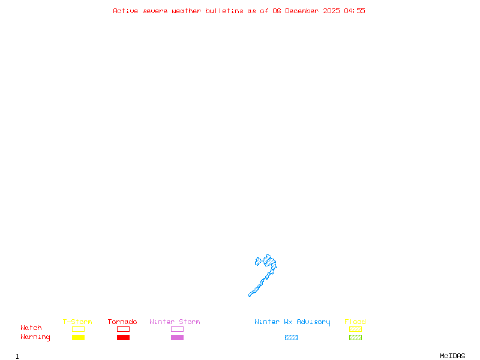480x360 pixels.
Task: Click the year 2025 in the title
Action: [332, 11]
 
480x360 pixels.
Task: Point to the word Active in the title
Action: [126, 11]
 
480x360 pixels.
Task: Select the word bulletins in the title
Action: [224, 11]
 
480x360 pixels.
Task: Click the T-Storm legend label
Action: [77, 322]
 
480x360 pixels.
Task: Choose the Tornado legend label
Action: [122, 322]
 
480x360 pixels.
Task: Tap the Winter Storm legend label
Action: [175, 322]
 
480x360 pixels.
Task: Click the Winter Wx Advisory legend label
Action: [292, 322]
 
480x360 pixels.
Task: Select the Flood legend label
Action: [355, 322]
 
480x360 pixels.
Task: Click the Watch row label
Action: [31, 328]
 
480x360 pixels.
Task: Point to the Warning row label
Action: [35, 337]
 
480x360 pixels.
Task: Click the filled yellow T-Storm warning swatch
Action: [78, 337]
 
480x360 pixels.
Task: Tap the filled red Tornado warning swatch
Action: [123, 337]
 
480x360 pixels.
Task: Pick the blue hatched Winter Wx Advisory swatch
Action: [291, 337]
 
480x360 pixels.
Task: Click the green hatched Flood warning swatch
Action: [355, 337]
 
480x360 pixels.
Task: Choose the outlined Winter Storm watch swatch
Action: [177, 329]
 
